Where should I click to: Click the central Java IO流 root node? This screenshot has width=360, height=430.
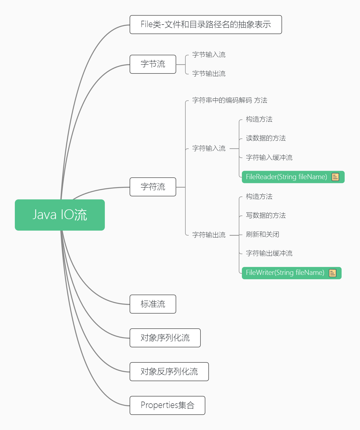pos(60,215)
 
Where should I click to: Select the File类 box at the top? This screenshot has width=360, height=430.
pos(206,25)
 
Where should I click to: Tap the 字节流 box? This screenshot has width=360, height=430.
pos(153,64)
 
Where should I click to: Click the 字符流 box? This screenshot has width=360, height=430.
pos(153,187)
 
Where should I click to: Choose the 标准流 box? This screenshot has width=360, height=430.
pos(153,304)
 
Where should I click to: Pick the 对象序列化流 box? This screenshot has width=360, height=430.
pos(165,338)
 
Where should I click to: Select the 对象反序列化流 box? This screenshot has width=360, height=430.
pos(169,372)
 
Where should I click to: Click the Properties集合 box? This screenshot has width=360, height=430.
pos(167,405)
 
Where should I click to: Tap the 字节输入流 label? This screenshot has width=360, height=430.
pos(209,55)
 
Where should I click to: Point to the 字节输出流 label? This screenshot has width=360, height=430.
pos(209,74)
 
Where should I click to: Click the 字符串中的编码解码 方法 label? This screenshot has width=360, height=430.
pos(230,100)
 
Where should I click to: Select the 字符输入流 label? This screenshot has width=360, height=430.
pos(209,148)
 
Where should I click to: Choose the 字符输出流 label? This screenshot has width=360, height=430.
pos(209,235)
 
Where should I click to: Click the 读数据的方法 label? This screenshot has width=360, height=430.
pos(266,138)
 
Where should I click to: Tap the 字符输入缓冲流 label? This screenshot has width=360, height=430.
pos(269,158)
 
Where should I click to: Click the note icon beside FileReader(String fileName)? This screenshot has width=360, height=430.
pos(335,177)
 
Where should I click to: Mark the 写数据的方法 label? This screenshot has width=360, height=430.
pos(266,216)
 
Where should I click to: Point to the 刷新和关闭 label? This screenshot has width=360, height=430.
pos(263,234)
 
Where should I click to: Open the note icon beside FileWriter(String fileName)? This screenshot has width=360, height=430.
pos(332,273)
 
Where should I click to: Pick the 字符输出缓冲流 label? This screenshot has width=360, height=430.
pos(269,253)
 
